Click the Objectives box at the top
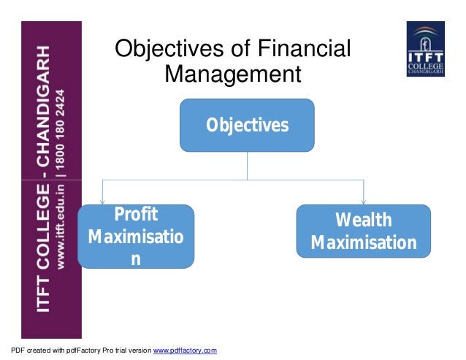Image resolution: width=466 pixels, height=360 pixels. (247, 124)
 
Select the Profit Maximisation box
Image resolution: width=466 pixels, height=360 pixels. (136, 236)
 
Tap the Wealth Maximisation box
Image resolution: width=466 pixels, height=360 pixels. (363, 231)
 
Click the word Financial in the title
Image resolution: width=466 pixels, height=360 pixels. (305, 50)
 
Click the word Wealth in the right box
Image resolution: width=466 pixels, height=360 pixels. (363, 221)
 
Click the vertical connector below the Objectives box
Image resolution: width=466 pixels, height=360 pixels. (247, 164)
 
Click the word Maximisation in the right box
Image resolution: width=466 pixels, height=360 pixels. (363, 242)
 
